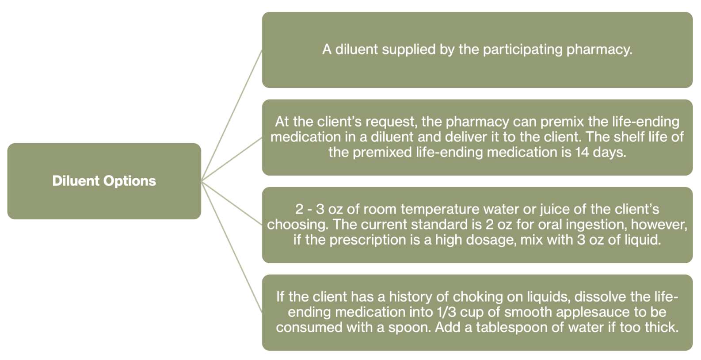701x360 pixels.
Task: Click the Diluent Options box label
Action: tap(104, 181)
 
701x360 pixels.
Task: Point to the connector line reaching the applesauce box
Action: tap(232, 247)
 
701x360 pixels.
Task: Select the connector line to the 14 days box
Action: tap(232, 159)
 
